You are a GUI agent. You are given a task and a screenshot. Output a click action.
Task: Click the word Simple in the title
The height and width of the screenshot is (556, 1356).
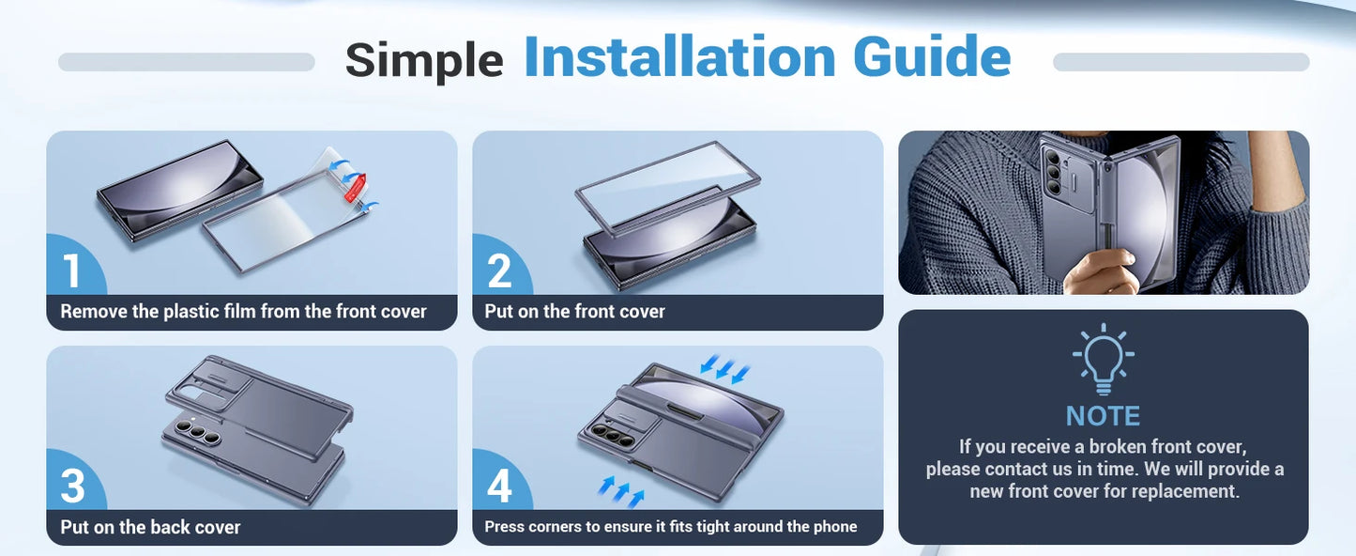coord(424,60)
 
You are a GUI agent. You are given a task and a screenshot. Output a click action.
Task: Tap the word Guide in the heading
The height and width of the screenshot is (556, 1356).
coord(932,56)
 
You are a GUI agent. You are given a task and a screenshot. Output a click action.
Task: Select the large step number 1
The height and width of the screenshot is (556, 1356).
coord(71,270)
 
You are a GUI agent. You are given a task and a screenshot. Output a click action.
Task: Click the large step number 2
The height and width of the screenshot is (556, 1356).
coord(499,270)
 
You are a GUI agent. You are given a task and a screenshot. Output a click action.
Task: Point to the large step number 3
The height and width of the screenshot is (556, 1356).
coord(72,486)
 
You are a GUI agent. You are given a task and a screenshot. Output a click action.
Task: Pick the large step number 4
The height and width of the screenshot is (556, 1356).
coord(499,486)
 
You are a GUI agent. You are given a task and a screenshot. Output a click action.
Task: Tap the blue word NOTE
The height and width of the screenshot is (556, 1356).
coord(1103,416)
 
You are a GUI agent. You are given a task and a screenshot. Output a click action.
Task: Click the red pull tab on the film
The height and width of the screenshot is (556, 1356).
coord(355,187)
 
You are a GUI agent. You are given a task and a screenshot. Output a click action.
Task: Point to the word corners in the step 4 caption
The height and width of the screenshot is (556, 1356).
coord(553,526)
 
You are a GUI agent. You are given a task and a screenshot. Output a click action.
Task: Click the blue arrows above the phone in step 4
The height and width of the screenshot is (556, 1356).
coord(724,368)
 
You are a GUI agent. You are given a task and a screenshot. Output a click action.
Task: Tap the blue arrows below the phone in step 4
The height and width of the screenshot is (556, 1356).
coord(621,491)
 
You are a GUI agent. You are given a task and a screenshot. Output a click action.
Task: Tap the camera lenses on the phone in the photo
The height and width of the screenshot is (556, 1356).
coord(1054,173)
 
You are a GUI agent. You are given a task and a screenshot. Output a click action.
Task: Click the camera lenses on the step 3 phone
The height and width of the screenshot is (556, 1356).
coord(197,432)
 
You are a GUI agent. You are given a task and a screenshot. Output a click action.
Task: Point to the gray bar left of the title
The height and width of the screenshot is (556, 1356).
coord(187,62)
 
